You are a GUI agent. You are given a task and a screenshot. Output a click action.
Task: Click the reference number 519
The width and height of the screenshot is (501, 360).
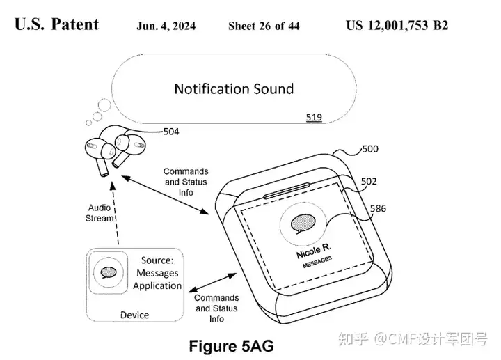314,118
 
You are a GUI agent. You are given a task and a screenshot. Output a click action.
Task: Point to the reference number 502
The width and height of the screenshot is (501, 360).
369,182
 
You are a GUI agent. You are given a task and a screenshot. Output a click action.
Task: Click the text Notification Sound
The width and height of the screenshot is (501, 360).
234,89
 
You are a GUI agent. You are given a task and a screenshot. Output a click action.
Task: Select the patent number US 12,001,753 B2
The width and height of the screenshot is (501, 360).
397,26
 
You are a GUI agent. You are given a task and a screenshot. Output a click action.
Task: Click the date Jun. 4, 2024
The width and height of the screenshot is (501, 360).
166,26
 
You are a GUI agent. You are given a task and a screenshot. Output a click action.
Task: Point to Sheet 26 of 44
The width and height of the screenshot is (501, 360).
264,26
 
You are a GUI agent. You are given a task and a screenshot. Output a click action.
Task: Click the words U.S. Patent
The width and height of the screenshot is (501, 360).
56,25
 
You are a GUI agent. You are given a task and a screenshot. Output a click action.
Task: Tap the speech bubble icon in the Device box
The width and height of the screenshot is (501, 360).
108,272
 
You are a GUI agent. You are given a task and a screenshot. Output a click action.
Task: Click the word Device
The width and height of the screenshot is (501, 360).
134,315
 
